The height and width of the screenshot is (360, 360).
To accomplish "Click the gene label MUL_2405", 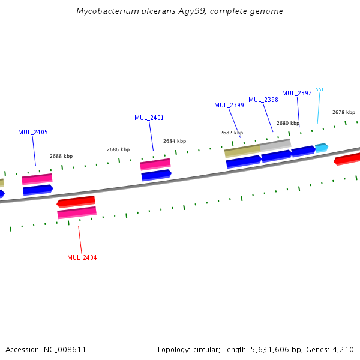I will pyautogui.click(x=33, y=132).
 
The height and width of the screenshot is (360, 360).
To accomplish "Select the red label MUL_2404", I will pyautogui.click(x=82, y=257).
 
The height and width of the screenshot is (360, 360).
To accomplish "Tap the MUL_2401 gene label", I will pyautogui.click(x=149, y=118).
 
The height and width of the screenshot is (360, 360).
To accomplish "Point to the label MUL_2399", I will pyautogui.click(x=229, y=105).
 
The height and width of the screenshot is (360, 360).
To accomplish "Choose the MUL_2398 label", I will pyautogui.click(x=263, y=100).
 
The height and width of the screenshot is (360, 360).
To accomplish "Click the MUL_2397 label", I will pyautogui.click(x=296, y=93).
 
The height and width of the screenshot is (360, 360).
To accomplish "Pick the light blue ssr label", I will pyautogui.click(x=320, y=89).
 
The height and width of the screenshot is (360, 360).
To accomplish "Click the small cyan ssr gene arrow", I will pyautogui.click(x=322, y=147).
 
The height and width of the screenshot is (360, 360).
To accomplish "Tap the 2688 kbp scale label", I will pyautogui.click(x=61, y=156).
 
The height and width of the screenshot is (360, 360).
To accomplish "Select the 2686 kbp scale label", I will pyautogui.click(x=118, y=149).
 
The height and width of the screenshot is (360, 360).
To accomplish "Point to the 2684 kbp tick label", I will pyautogui.click(x=175, y=141).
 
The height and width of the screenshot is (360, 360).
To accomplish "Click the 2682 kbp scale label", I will pyautogui.click(x=232, y=133).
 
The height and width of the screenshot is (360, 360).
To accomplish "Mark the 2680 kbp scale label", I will pyautogui.click(x=288, y=123).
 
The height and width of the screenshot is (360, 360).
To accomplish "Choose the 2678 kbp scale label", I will pyautogui.click(x=344, y=112).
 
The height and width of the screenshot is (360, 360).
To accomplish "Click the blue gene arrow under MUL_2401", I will pyautogui.click(x=156, y=175).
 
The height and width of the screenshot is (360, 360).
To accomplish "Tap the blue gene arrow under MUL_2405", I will pyautogui.click(x=38, y=190).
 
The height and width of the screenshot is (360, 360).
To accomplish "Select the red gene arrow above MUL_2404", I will pyautogui.click(x=76, y=201).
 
